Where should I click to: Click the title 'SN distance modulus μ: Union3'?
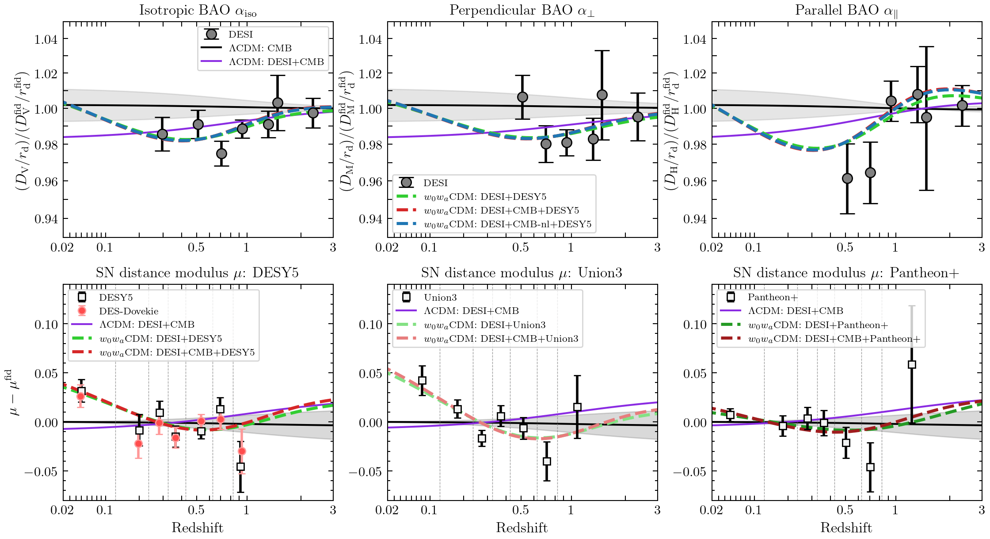pos(522,273)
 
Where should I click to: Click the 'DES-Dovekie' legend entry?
pos(128,311)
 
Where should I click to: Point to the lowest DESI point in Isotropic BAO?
pos(221,153)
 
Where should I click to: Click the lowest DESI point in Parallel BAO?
pos(847,178)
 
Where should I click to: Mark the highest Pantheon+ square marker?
pos(911,364)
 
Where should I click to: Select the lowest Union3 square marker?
pos(547,461)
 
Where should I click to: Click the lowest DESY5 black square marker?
pos(240,466)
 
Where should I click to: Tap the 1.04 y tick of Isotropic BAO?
pos(46,39)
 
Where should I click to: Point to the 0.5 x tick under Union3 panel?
pos(520,510)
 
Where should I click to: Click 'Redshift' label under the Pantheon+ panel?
pos(846,528)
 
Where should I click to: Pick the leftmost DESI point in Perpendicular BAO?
pos(522,97)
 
